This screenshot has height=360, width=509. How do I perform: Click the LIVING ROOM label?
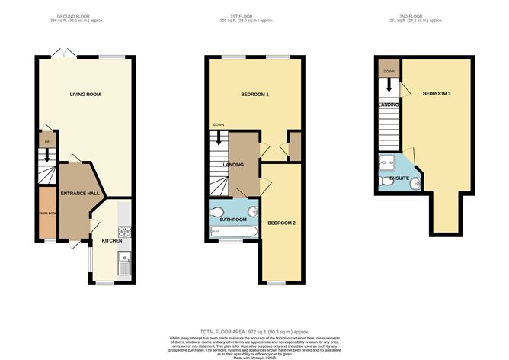(85, 95)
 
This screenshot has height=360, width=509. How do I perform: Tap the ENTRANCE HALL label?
(80, 194)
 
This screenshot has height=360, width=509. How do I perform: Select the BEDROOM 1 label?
(254, 95)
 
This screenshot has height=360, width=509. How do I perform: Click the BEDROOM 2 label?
(281, 223)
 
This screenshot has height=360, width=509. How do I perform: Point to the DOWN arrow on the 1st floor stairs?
(219, 137)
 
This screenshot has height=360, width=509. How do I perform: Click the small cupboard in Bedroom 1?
(293, 146)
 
